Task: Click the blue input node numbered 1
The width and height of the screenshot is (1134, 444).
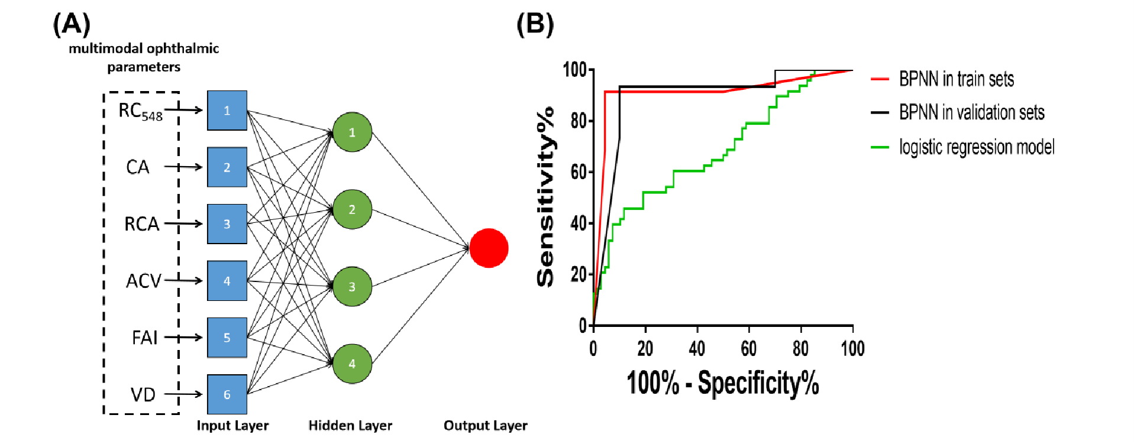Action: tap(227, 111)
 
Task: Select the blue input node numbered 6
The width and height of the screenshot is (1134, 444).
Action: tap(227, 394)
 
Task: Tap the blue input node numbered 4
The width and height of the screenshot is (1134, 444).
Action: tap(227, 281)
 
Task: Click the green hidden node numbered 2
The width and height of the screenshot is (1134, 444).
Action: tap(352, 209)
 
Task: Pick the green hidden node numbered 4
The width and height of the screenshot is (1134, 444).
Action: tap(352, 364)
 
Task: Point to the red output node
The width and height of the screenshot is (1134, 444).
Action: tap(489, 248)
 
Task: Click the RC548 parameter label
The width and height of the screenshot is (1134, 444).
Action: tap(140, 111)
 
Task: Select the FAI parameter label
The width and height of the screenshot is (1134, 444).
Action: tap(144, 338)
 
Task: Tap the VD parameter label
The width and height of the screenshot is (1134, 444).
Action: tap(143, 394)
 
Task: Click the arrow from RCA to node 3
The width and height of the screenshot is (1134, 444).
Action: tap(183, 224)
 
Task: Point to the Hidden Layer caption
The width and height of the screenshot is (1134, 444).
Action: tap(350, 426)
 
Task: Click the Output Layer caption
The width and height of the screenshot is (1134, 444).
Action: tap(485, 426)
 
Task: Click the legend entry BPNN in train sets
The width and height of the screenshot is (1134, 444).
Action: tap(956, 79)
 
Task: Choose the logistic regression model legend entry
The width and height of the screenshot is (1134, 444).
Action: tap(976, 147)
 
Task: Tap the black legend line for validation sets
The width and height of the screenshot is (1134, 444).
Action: tap(880, 112)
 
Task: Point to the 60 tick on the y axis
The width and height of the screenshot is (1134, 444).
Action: tap(579, 172)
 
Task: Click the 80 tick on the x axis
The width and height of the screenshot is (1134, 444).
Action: tap(800, 349)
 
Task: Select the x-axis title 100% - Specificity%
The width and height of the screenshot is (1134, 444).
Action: tap(722, 383)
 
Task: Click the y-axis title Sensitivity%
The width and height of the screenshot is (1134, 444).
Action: tap(545, 197)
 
